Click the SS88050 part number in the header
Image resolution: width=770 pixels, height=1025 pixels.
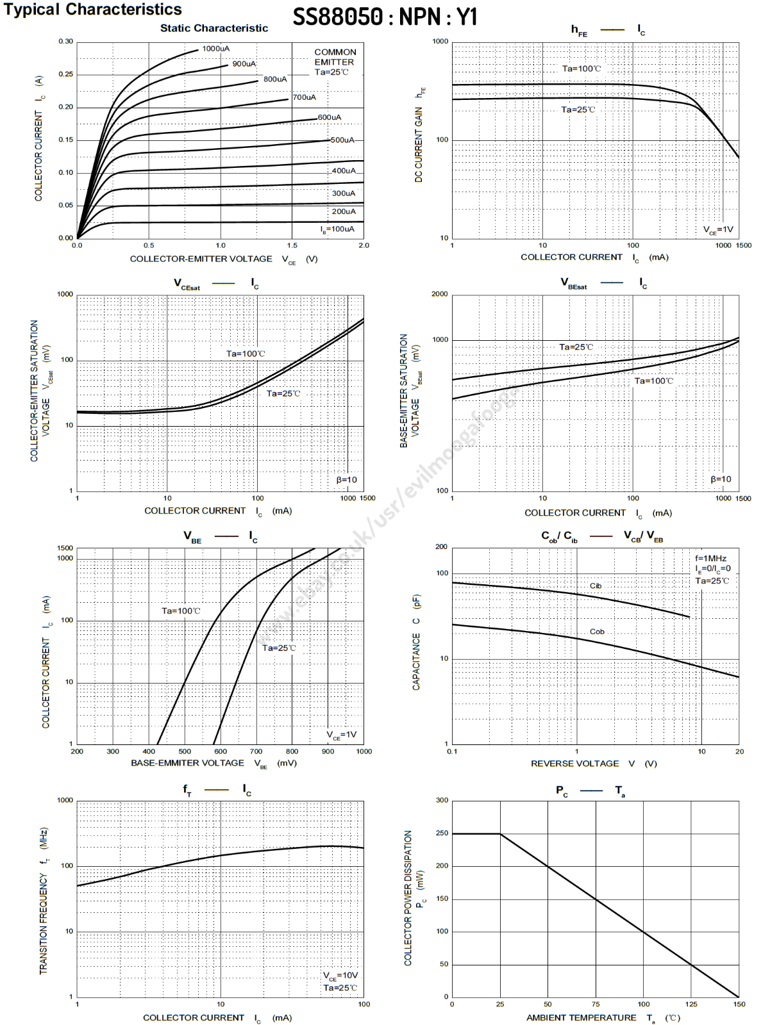(338, 17)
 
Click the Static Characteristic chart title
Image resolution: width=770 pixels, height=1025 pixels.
(214, 28)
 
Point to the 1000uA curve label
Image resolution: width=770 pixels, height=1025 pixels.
(216, 49)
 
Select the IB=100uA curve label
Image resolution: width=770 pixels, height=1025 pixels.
(337, 229)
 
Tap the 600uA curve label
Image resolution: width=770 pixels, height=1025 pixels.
(330, 117)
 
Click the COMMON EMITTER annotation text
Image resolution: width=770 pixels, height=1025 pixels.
(335, 57)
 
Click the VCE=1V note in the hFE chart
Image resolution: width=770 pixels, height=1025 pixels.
(718, 230)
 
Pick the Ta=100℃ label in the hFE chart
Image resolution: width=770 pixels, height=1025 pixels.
(582, 69)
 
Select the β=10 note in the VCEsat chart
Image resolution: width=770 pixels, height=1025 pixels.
(347, 480)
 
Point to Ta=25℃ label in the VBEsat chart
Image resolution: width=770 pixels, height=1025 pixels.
(576, 347)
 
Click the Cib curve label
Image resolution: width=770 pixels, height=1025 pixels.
(596, 586)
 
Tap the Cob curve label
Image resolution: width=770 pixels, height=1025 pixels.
(597, 632)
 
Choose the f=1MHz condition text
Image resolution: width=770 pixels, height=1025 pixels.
(711, 559)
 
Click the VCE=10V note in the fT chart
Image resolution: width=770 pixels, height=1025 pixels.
(340, 976)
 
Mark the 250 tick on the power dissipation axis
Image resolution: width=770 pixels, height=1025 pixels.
(442, 833)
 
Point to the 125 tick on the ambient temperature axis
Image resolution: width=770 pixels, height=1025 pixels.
(691, 1004)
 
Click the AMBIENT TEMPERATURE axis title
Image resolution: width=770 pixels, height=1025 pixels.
(582, 1018)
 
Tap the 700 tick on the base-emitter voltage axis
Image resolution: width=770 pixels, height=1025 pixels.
(256, 751)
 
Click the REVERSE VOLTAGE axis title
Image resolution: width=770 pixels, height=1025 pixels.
(575, 764)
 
